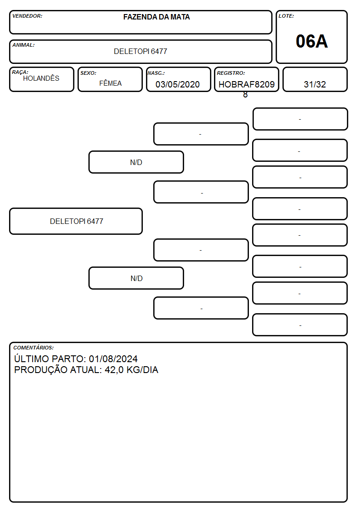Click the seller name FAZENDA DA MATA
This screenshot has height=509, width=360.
click(156, 17)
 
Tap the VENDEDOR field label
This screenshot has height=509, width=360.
click(27, 16)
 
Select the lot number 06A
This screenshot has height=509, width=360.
click(311, 42)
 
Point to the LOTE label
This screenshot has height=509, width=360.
click(286, 16)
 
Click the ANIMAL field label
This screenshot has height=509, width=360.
click(24, 45)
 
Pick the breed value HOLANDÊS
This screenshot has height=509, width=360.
click(41, 78)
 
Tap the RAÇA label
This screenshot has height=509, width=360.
click(20, 72)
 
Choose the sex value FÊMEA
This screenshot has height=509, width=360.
click(110, 83)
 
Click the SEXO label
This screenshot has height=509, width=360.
click(88, 73)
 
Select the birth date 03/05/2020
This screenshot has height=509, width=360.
click(178, 84)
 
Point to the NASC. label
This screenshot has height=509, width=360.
click(156, 73)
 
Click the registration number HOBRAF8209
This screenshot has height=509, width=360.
click(247, 84)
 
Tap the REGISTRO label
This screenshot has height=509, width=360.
click(231, 73)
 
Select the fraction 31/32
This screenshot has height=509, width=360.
click(315, 84)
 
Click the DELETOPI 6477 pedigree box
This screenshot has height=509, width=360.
click(76, 221)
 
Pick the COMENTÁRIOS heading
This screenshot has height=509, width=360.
click(34, 348)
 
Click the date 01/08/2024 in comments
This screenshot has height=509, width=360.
click(113, 359)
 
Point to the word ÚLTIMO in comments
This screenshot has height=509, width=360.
click(31, 359)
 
